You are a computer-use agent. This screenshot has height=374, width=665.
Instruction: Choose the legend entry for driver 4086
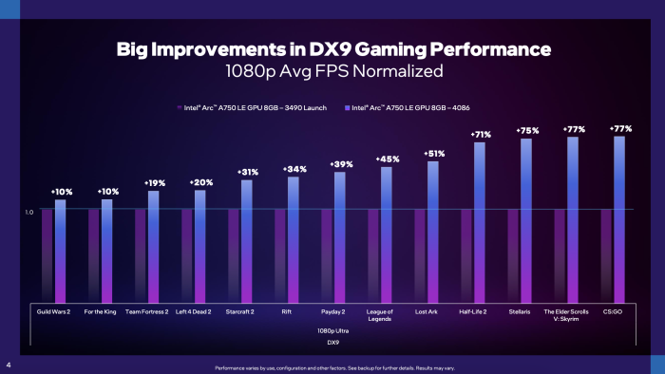click(414, 108)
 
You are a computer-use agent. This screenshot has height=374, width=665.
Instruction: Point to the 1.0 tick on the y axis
click(29, 213)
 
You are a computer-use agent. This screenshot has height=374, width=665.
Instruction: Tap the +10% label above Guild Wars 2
click(60, 192)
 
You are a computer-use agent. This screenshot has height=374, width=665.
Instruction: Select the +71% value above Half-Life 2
click(480, 135)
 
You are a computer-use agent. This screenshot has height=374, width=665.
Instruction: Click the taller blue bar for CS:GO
click(619, 218)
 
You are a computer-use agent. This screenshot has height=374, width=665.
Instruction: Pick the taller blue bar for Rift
click(294, 237)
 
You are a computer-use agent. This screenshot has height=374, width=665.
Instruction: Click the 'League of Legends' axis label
click(380, 314)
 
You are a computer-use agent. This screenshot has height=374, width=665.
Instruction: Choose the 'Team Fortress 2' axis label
click(147, 310)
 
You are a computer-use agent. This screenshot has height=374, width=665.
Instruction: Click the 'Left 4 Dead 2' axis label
click(194, 310)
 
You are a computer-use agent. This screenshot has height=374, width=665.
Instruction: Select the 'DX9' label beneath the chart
click(332, 342)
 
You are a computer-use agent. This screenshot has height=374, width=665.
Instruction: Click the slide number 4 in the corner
click(8, 365)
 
